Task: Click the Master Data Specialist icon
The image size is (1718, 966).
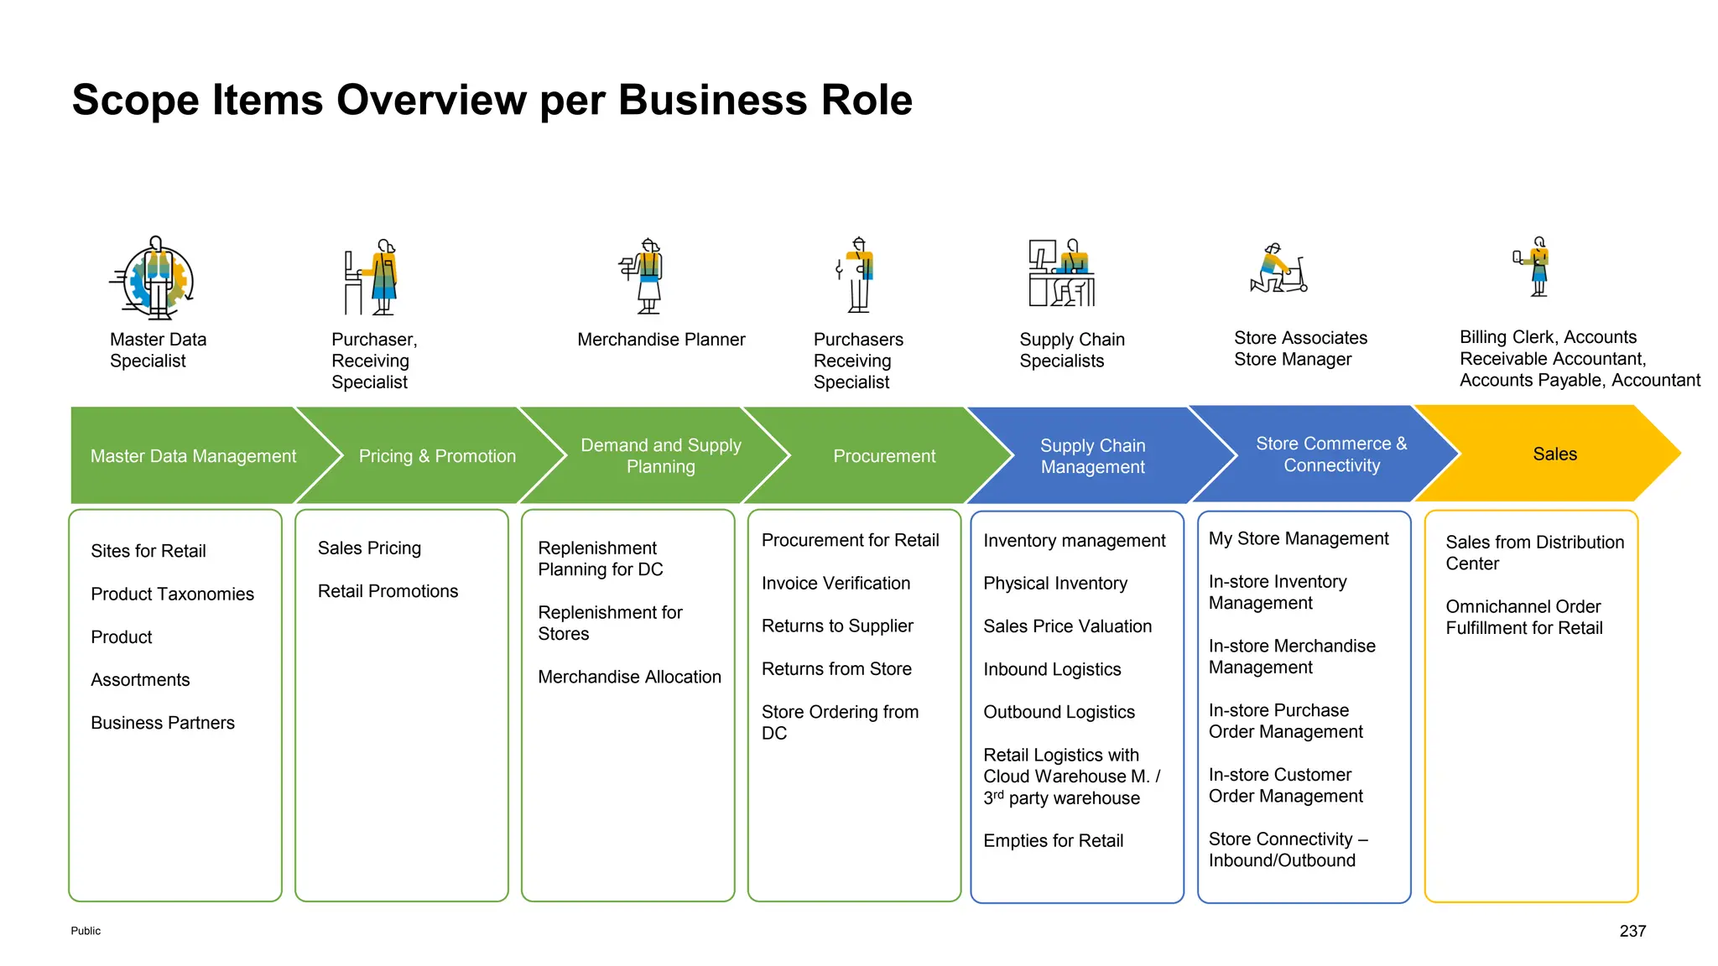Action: [154, 278]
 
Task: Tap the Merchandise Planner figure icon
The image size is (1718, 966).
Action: [645, 276]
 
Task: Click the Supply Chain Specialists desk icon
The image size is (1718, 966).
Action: [1062, 273]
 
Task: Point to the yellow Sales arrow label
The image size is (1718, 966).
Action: [1554, 454]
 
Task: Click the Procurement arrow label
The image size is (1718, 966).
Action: [884, 456]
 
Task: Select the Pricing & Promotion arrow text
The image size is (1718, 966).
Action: [437, 456]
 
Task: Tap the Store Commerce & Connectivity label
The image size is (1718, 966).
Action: [1331, 454]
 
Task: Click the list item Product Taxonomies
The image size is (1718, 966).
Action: [172, 594]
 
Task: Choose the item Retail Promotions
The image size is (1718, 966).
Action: [388, 591]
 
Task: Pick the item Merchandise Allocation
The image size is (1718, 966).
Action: [629, 677]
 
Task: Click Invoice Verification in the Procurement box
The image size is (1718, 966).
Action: [836, 583]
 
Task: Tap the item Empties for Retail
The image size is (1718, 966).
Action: [1053, 840]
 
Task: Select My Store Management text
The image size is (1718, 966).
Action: [1298, 538]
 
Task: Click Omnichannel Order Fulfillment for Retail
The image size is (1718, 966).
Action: [1523, 617]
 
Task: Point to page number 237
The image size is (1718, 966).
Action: [1632, 931]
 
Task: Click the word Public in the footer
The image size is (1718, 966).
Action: [86, 931]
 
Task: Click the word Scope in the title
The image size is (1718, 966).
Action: [135, 100]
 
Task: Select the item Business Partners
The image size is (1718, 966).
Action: [163, 723]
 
